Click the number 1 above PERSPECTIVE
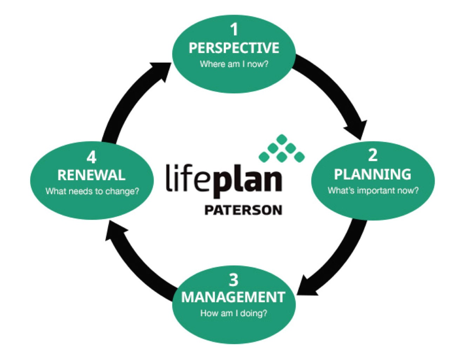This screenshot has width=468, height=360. click(234, 29)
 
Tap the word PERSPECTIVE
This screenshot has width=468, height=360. click(234, 48)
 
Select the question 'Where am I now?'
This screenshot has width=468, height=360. click(234, 64)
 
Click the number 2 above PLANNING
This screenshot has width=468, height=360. click(373, 155)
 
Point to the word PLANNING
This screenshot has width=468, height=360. click(373, 174)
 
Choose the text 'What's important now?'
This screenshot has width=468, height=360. click(373, 191)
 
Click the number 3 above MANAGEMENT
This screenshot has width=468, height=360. click(234, 280)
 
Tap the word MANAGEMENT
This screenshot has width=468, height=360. click(233, 297)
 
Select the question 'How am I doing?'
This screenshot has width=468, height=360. click(234, 313)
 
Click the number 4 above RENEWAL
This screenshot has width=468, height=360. click(92, 157)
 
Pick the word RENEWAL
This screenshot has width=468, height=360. click(91, 175)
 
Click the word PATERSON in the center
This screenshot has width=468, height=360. click(243, 210)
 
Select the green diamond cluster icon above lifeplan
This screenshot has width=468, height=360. click(282, 149)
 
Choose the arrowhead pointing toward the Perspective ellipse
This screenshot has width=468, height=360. click(160, 70)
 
